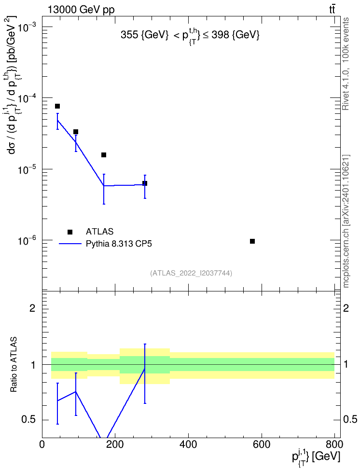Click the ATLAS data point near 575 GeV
[252, 241]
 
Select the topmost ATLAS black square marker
[57, 106]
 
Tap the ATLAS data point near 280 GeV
[145, 183]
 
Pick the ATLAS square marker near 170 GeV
[104, 155]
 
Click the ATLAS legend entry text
[99, 232]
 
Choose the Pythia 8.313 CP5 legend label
[119, 244]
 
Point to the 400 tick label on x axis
[188, 444]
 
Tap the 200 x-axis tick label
[115, 444]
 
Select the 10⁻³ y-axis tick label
[27, 27]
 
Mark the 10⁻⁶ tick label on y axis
[27, 240]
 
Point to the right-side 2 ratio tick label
[346, 308]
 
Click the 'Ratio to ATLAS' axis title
[14, 365]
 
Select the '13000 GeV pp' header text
[81, 10]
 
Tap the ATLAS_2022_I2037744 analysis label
[191, 273]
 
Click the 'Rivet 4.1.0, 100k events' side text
[346, 64]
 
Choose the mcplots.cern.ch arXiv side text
[346, 221]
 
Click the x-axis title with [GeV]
[316, 457]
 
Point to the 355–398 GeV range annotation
[190, 36]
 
